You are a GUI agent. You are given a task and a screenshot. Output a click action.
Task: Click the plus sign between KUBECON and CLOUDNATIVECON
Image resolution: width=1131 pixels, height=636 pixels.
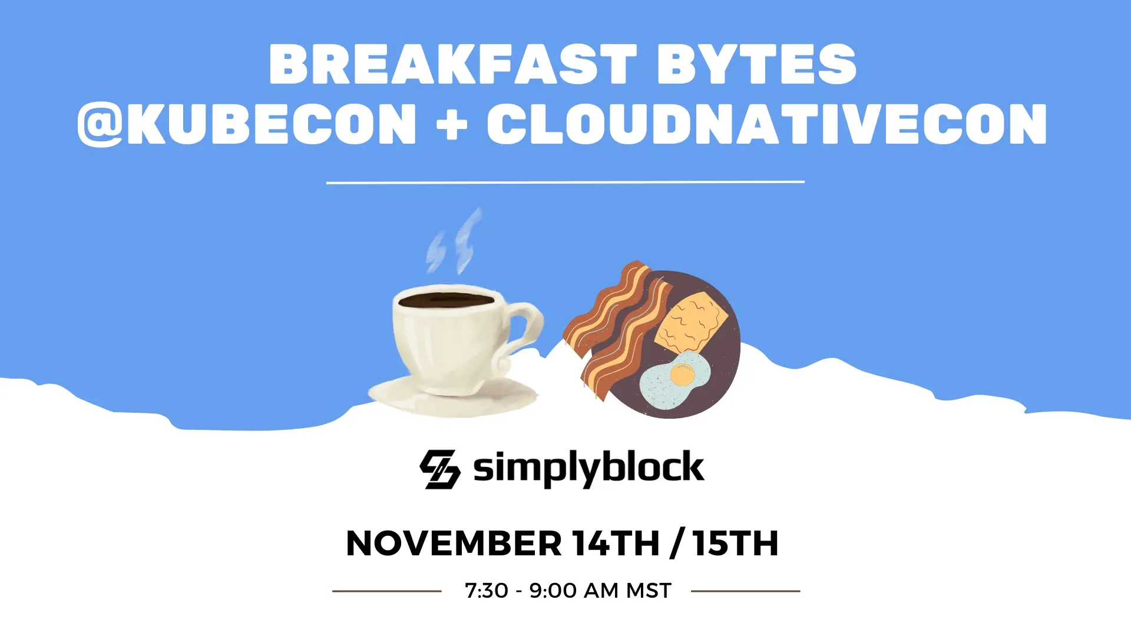pos(452,124)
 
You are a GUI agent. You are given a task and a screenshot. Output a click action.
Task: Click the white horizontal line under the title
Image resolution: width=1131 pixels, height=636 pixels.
pos(565,182)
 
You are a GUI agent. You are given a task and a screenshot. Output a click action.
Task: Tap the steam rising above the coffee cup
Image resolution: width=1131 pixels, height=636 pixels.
pos(454,241)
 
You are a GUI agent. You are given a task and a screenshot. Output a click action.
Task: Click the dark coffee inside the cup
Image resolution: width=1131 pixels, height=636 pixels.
pos(446,300)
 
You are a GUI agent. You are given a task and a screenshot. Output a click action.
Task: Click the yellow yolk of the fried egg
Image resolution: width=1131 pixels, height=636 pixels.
pos(682,375)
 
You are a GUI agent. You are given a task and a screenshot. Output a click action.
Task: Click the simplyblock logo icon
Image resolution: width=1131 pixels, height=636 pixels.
pos(440,469)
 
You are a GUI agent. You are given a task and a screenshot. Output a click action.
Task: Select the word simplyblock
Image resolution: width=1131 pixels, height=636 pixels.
pos(588,469)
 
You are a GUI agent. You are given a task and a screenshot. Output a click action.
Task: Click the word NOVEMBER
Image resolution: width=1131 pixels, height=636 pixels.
pos(454,543)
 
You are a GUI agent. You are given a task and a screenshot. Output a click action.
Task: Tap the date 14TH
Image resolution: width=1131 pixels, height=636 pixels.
pos(616,543)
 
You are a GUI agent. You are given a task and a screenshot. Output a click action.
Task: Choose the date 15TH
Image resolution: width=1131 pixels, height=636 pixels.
pos(736,543)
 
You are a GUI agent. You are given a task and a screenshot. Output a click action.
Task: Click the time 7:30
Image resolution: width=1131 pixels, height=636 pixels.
pos(487,591)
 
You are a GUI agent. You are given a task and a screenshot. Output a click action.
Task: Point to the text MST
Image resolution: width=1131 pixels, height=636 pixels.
pos(649,591)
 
